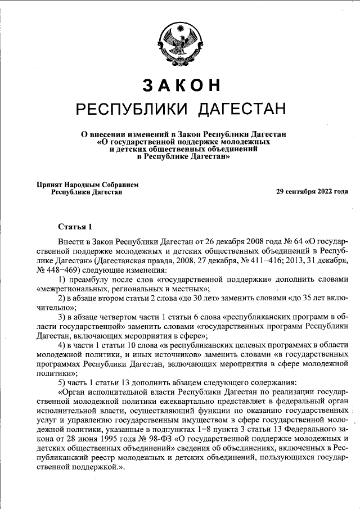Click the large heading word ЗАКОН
tap(180, 84)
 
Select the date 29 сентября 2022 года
tap(312, 191)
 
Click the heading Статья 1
tap(75, 227)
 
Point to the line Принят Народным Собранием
tap(87, 184)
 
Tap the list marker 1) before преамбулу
tap(62, 280)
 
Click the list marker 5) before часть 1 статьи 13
tap(62, 382)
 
